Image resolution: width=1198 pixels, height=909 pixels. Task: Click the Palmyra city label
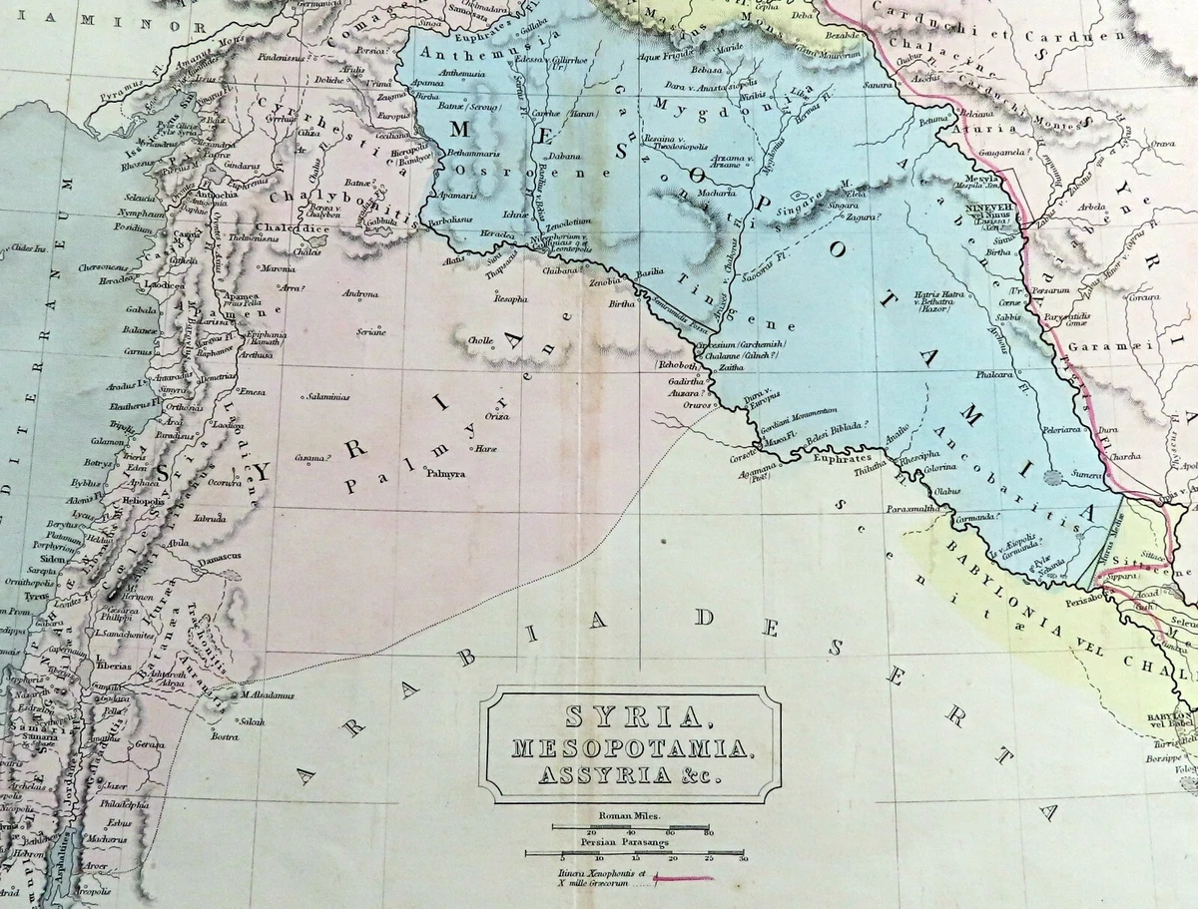(445, 474)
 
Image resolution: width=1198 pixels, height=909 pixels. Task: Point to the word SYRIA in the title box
(631, 715)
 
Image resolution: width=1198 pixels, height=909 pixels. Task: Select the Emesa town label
(252, 391)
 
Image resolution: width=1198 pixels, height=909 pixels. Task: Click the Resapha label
(510, 298)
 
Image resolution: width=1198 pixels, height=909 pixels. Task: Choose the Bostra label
(223, 737)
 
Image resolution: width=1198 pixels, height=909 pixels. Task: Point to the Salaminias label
(329, 397)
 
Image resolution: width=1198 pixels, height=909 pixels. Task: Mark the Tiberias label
(115, 666)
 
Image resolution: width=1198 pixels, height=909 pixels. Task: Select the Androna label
(360, 294)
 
